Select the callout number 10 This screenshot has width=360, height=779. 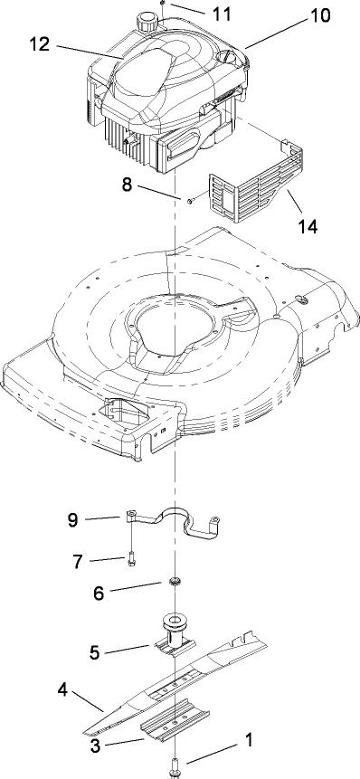[320, 15]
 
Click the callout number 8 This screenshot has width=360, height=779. [126, 184]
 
